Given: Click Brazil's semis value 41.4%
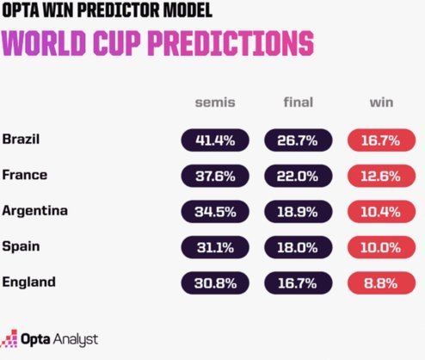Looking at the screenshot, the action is click(215, 140).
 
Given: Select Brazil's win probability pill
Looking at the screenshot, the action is click(381, 140).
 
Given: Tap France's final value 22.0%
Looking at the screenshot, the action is click(299, 176).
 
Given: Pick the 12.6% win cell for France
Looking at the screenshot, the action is click(381, 176).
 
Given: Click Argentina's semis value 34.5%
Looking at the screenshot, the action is click(215, 212).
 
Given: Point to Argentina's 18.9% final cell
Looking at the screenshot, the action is click(299, 212).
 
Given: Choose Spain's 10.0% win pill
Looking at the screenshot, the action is click(381, 247).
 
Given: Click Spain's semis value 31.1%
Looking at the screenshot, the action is click(215, 247).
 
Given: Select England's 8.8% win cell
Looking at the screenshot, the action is click(381, 283).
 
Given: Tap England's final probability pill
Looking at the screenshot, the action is click(299, 283).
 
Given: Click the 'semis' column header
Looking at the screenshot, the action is click(215, 102).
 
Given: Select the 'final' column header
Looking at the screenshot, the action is click(299, 102).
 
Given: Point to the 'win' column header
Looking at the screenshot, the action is click(381, 102).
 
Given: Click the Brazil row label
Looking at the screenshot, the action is click(21, 139).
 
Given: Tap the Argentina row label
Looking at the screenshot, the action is click(35, 210).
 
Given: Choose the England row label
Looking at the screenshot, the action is click(28, 282).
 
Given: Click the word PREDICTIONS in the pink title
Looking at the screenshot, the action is click(231, 43).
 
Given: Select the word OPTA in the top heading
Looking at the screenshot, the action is click(22, 10).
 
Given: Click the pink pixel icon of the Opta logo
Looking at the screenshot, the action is click(9, 338).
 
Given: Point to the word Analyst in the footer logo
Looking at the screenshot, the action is click(76, 339).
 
